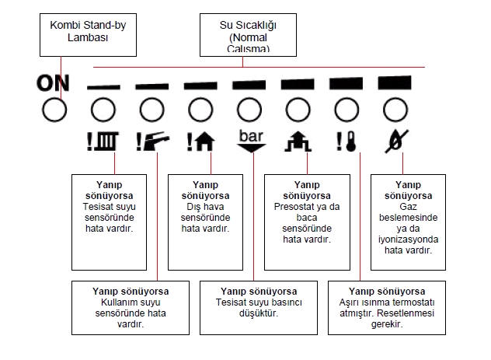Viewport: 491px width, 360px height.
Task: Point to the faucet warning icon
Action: point(151,142)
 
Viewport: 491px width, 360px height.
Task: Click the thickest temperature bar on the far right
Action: point(394,81)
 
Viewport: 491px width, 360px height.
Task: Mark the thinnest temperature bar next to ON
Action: point(102,86)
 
